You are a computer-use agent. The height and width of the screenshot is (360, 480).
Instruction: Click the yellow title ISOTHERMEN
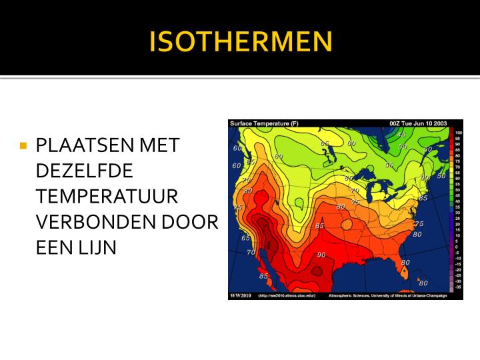point(240,41)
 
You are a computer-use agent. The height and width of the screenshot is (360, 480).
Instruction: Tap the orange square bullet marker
point(23,145)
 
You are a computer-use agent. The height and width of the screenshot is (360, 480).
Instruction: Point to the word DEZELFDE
point(84,171)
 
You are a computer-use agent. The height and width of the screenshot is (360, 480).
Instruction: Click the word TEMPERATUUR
point(107,196)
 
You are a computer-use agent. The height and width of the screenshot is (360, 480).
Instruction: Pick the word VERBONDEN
point(89,221)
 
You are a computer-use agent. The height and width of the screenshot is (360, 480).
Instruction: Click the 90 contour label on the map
point(321,255)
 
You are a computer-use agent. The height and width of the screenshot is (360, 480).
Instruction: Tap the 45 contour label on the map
point(401,135)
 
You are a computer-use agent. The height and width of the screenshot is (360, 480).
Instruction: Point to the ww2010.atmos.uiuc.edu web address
point(286,295)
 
